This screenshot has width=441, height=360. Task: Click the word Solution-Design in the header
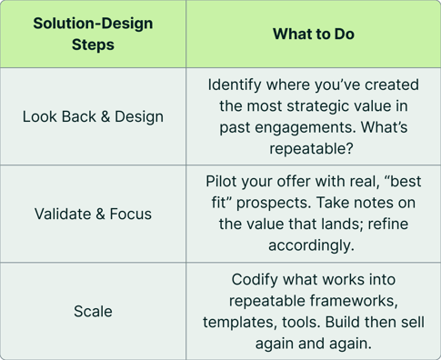click(x=94, y=23)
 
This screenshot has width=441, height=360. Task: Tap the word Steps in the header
click(x=94, y=44)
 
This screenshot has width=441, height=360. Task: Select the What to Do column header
click(x=314, y=34)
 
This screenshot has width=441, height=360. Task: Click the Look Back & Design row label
click(x=94, y=116)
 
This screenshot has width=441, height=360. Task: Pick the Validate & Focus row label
click(x=94, y=214)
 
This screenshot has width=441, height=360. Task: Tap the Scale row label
click(x=94, y=311)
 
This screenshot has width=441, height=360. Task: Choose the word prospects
click(x=296, y=203)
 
